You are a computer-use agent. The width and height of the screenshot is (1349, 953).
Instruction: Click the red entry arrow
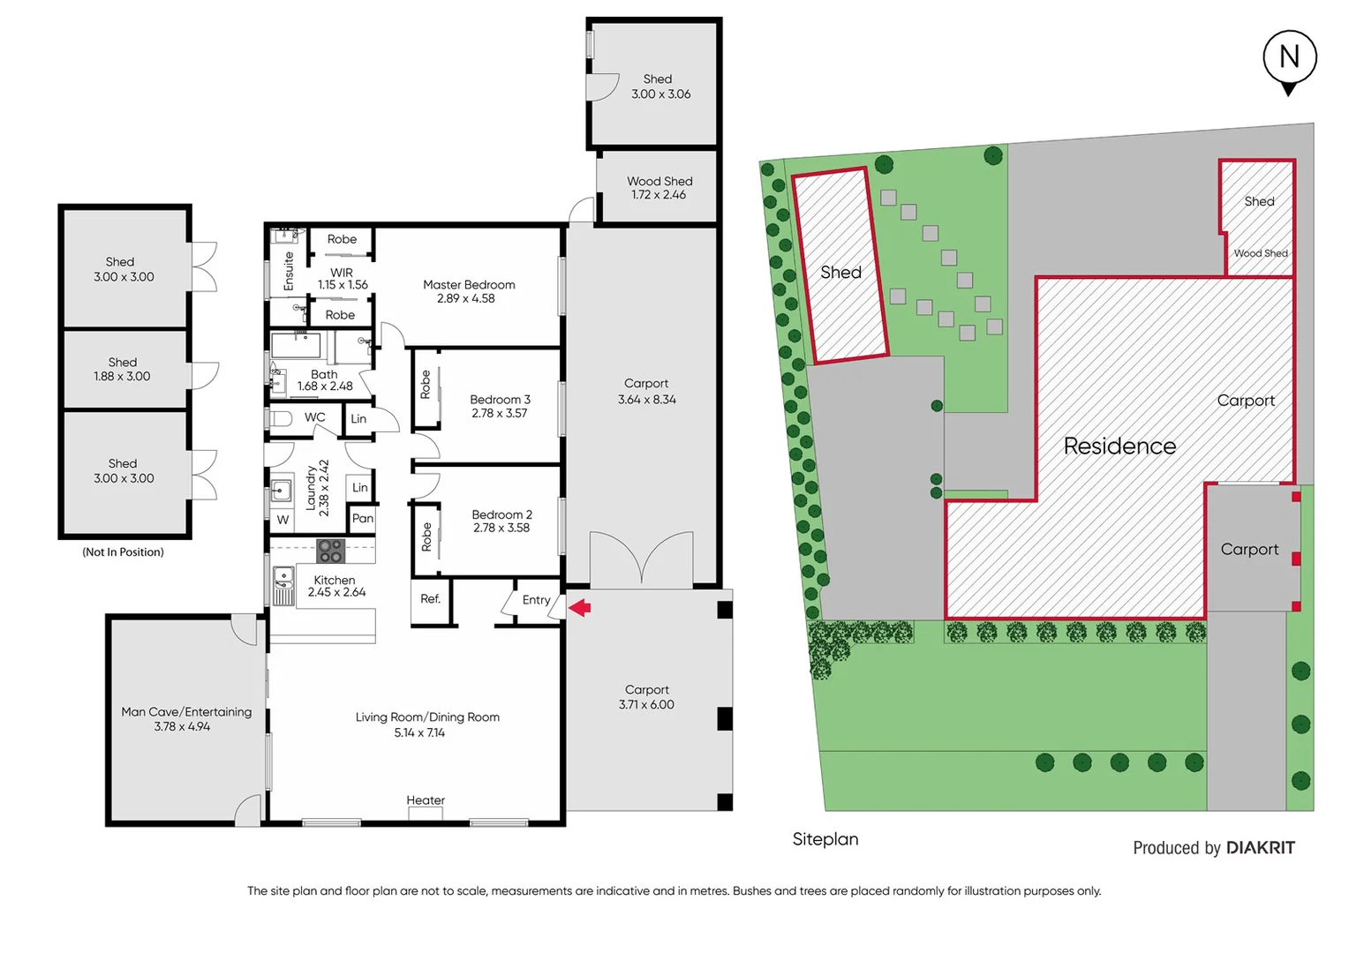pyautogui.click(x=580, y=607)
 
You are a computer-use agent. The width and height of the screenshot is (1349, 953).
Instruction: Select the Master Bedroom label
pyautogui.click(x=469, y=284)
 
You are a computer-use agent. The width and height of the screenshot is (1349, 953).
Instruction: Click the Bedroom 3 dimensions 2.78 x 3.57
pyautogui.click(x=499, y=413)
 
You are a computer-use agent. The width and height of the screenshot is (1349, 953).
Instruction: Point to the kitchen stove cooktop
pyautogui.click(x=330, y=551)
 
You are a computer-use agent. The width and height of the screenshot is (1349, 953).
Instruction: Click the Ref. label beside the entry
pyautogui.click(x=430, y=599)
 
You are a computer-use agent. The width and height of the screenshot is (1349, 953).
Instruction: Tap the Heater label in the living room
pyautogui.click(x=426, y=800)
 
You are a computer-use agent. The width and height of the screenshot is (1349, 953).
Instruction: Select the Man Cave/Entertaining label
pyautogui.click(x=186, y=711)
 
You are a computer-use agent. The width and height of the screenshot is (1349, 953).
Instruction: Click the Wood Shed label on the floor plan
pyautogui.click(x=659, y=181)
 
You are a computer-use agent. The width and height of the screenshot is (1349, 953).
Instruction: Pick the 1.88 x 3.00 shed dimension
pyautogui.click(x=122, y=376)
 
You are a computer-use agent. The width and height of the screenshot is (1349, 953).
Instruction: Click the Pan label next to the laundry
pyautogui.click(x=362, y=518)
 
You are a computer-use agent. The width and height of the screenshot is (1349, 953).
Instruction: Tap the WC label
pyautogui.click(x=314, y=417)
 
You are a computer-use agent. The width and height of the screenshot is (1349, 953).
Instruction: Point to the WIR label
pyautogui.click(x=342, y=273)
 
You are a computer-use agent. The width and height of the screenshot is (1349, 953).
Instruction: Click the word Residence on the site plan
pyautogui.click(x=1119, y=446)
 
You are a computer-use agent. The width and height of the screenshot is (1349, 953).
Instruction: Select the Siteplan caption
pyautogui.click(x=825, y=839)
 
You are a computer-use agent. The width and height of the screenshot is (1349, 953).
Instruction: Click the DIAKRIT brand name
pyautogui.click(x=1260, y=848)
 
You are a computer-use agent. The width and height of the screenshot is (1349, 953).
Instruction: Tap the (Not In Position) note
pyautogui.click(x=123, y=552)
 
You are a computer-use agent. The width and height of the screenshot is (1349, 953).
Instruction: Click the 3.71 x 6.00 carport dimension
pyautogui.click(x=646, y=704)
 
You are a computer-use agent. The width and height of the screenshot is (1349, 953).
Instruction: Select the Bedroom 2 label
pyautogui.click(x=501, y=514)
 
